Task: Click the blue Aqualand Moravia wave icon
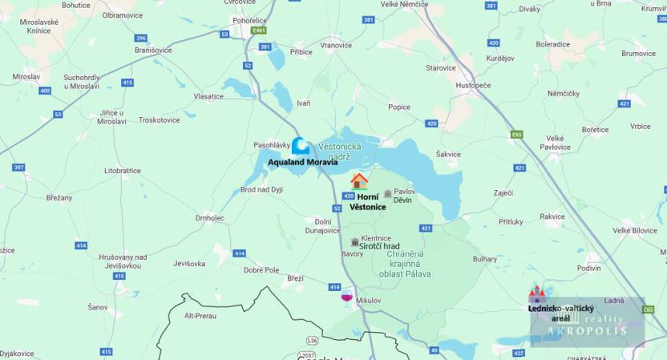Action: (x=301, y=145)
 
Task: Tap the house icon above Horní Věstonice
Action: (x=359, y=180)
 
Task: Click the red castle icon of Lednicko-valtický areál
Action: (x=536, y=294)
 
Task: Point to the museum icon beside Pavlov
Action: (x=388, y=193)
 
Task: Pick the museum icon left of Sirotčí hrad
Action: (x=355, y=241)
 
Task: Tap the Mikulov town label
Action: (x=369, y=301)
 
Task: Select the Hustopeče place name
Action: (x=473, y=85)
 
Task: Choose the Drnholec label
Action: (x=210, y=217)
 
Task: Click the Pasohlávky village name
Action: (x=271, y=145)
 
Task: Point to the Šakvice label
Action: (x=448, y=155)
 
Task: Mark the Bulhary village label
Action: (x=484, y=259)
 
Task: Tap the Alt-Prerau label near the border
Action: (x=200, y=316)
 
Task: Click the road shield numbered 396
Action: (x=141, y=38)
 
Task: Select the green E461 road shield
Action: (x=258, y=30)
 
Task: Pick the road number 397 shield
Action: (x=18, y=167)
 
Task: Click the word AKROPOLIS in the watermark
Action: (x=587, y=330)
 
